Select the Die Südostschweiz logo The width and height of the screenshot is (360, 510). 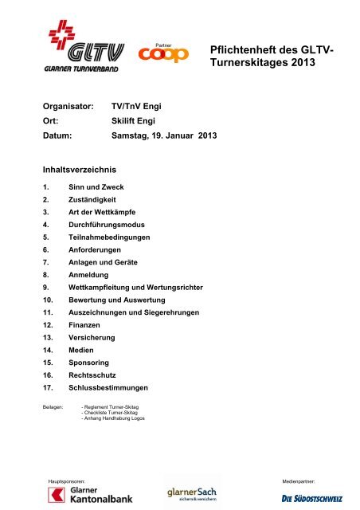point(312,499)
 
